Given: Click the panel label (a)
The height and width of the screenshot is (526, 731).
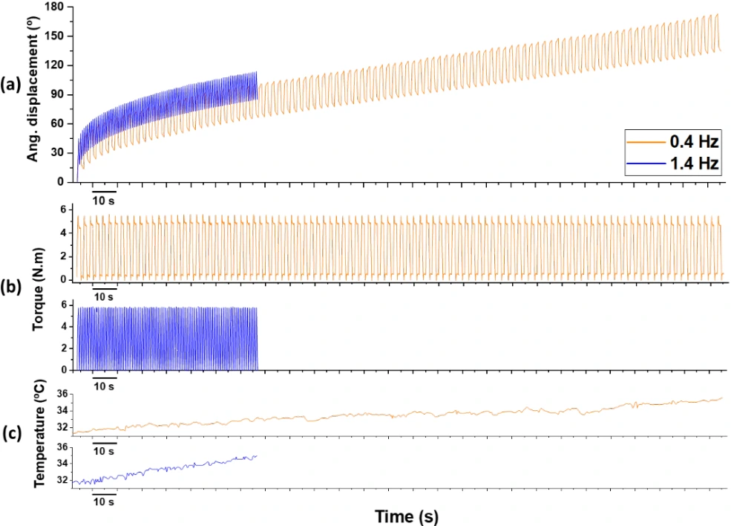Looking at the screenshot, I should [x=13, y=83].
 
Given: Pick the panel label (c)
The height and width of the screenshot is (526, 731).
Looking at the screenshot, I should [x=13, y=435].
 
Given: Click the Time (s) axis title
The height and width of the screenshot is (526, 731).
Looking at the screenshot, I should [x=401, y=516].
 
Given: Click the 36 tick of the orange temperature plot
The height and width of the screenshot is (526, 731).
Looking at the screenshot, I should [x=62, y=394].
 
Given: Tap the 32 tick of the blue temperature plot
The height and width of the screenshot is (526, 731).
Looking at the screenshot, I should [x=62, y=481].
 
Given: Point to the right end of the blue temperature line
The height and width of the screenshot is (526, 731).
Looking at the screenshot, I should [x=257, y=456].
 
